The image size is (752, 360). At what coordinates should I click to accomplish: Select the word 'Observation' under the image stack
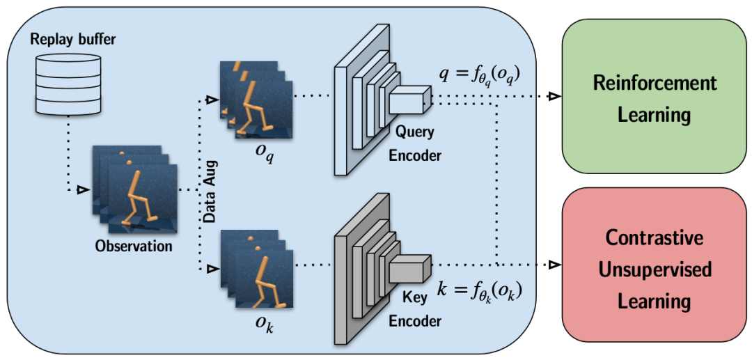[x=134, y=245]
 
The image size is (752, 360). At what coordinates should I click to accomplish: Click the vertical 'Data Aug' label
[x=210, y=187]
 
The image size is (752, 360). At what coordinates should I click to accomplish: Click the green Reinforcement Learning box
[x=655, y=97]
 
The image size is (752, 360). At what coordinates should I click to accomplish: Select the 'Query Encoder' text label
[x=415, y=143]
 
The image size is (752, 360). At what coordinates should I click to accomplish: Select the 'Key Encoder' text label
[x=415, y=309]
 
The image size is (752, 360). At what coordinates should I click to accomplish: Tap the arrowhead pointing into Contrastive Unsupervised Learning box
[x=554, y=265]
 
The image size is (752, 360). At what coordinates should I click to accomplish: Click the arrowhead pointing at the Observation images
[x=82, y=189]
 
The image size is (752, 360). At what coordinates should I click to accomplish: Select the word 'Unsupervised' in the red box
[x=655, y=269]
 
